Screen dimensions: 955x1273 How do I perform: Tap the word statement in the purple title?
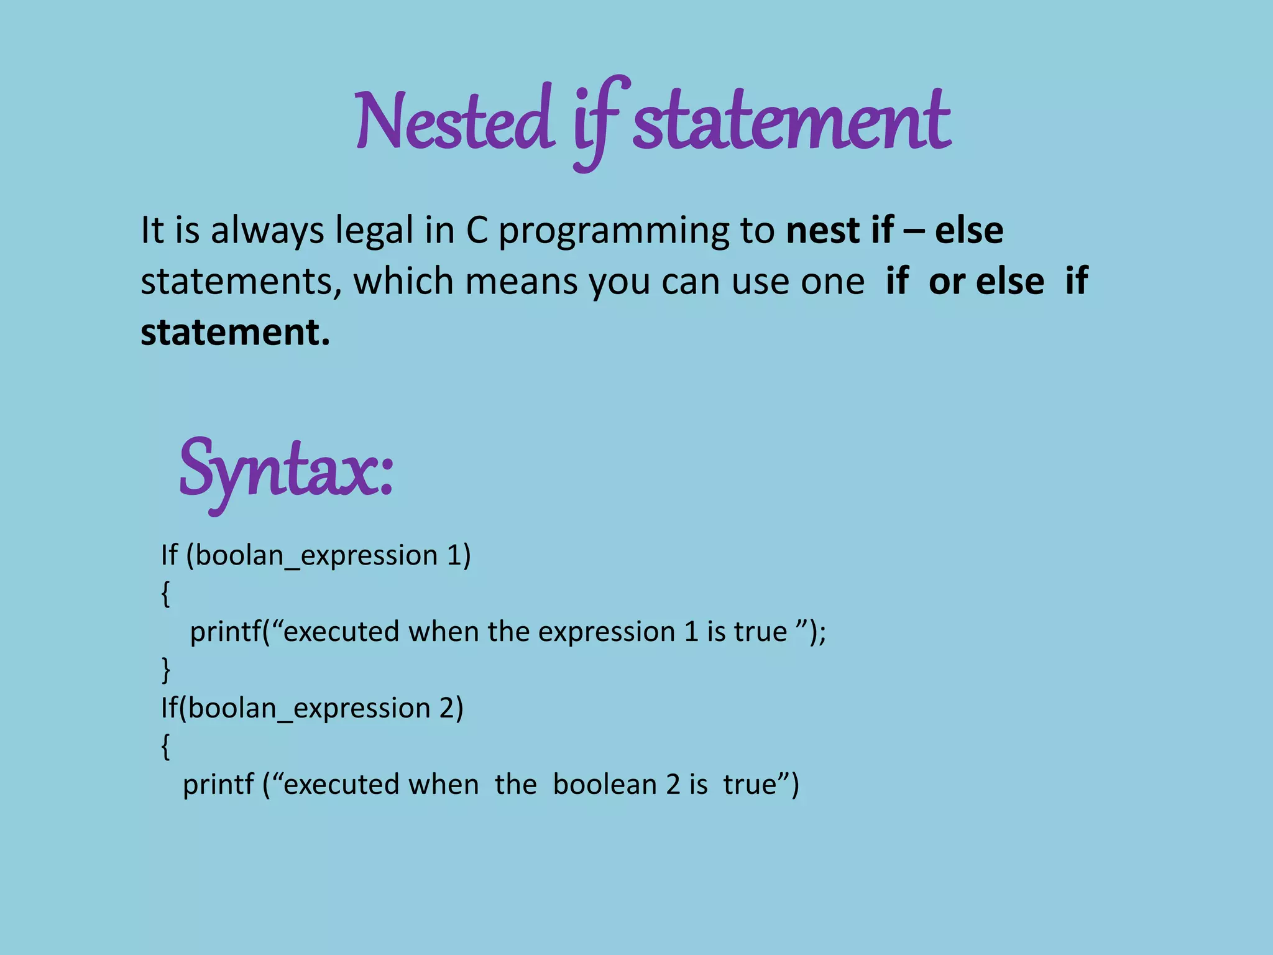coord(791,121)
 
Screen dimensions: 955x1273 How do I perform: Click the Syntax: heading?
coord(286,469)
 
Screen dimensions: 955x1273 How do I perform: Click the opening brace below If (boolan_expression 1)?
coord(165,594)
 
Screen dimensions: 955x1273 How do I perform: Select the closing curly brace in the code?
coord(165,670)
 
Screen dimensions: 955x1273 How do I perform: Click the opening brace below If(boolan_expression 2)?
coord(165,747)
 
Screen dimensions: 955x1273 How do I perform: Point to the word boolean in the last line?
coord(605,785)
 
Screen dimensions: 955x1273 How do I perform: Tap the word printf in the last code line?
coord(218,785)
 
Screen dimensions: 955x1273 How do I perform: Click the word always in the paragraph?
coord(267,231)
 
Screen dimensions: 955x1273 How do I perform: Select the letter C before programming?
coord(477,230)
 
